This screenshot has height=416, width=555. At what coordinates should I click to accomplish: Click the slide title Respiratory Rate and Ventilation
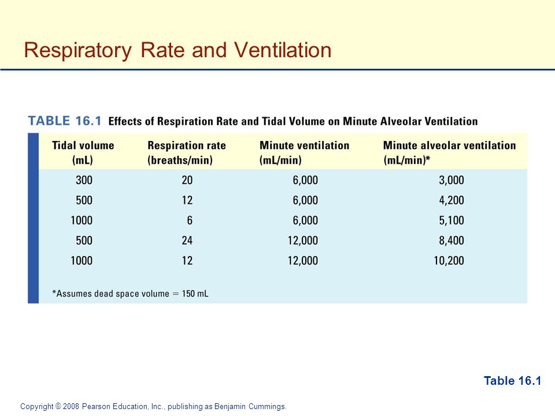[x=177, y=50]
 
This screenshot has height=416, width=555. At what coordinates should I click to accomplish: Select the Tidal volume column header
[x=83, y=153]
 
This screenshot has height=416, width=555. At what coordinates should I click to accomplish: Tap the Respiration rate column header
[x=187, y=153]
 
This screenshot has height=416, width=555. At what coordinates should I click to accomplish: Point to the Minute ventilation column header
[x=305, y=153]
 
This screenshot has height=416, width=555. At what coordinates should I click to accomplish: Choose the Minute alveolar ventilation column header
[x=450, y=153]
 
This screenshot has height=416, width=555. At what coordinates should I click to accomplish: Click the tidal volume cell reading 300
[x=84, y=180]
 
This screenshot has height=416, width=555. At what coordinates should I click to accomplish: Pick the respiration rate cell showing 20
[x=187, y=180]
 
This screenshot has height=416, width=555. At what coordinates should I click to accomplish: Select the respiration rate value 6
[x=190, y=220]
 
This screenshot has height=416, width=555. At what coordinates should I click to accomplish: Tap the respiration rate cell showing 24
[x=187, y=240]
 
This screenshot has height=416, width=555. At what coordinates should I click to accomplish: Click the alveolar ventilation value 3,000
[x=452, y=180]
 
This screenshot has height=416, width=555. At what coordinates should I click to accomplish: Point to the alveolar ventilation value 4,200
[x=452, y=200]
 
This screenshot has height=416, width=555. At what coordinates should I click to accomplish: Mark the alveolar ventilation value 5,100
[x=452, y=220]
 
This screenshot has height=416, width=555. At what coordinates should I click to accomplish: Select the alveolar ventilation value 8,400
[x=452, y=240]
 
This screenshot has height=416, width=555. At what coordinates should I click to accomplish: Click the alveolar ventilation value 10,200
[x=449, y=261]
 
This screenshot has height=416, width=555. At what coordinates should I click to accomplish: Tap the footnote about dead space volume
[x=130, y=294]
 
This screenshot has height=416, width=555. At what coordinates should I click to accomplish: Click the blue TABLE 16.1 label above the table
[x=65, y=121]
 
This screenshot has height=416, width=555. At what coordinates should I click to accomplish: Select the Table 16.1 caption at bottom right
[x=513, y=381]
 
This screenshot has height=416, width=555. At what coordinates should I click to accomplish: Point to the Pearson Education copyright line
[x=153, y=406]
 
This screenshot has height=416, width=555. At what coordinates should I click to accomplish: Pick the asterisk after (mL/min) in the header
[x=428, y=158]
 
